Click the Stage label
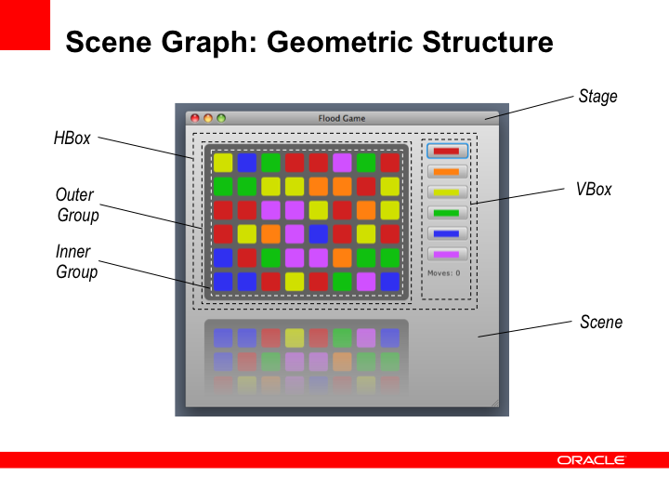point(597,97)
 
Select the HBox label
point(72,139)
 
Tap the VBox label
point(594,189)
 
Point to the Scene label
point(601,322)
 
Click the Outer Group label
point(77,205)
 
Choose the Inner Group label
point(76,261)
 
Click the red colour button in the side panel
point(447,152)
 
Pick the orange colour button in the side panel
point(447,172)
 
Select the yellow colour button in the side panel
point(447,192)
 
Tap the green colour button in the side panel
point(447,213)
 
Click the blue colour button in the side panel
point(447,234)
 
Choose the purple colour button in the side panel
point(447,255)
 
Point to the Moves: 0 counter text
point(444,273)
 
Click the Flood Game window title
point(342,118)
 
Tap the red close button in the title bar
point(195,118)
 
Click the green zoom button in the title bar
point(221,118)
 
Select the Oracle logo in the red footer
point(591,460)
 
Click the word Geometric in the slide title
point(340,42)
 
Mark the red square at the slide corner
point(25,25)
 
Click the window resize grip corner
point(495,403)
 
